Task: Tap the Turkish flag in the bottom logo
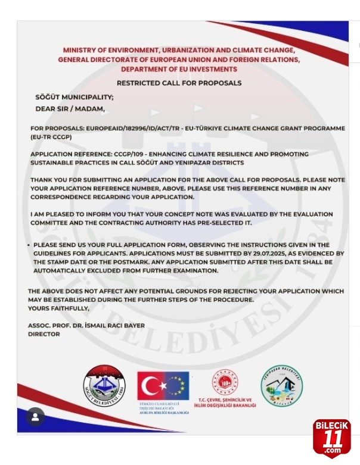pos(150,386)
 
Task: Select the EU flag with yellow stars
pos(176,386)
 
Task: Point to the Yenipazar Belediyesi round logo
pos(281,386)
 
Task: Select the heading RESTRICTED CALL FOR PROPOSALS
pos(179,83)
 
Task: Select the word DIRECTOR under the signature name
pos(44,335)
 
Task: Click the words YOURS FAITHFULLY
pos(58,308)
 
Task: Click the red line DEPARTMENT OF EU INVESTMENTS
pos(179,69)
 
